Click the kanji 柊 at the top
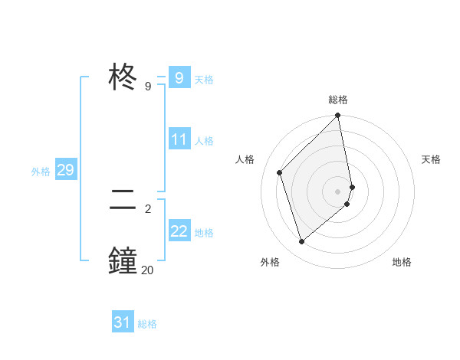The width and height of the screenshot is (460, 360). point(123,77)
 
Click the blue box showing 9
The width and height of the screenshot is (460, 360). point(179,77)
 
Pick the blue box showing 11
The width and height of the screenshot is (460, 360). point(179,139)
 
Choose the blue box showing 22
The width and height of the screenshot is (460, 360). point(179,231)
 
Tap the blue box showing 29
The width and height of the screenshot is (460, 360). point(65,170)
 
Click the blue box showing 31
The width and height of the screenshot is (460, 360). point(123,322)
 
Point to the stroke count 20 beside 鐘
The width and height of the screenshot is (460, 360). point(147,269)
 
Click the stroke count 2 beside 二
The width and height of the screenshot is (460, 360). point(147,208)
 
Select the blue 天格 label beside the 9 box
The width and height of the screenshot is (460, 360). point(204,79)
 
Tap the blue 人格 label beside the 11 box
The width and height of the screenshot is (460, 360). point(204,141)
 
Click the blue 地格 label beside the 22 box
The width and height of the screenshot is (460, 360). point(204,232)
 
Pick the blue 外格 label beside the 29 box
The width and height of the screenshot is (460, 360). point(41,172)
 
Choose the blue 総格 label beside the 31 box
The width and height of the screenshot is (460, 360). point(147,324)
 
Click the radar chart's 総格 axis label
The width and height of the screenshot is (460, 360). point(338,100)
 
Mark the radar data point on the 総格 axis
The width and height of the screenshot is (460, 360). point(338,116)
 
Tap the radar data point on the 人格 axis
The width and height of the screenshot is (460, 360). point(280,172)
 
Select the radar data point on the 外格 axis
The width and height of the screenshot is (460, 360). point(302,241)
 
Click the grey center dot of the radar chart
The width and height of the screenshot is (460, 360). point(338,191)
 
